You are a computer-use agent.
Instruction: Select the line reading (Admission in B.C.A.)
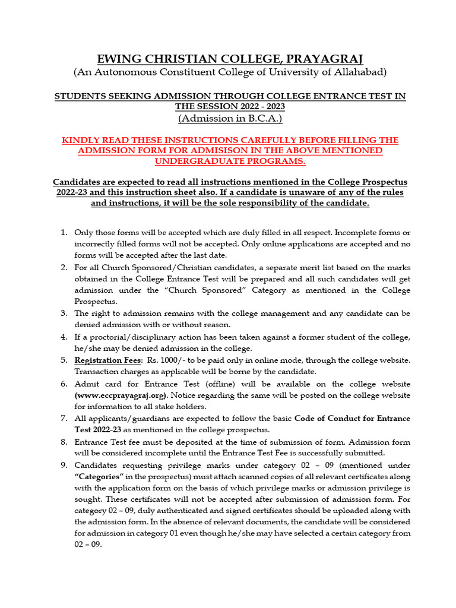(x=230, y=118)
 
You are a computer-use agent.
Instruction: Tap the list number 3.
(x=64, y=313)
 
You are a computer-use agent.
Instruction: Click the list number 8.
(x=64, y=442)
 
